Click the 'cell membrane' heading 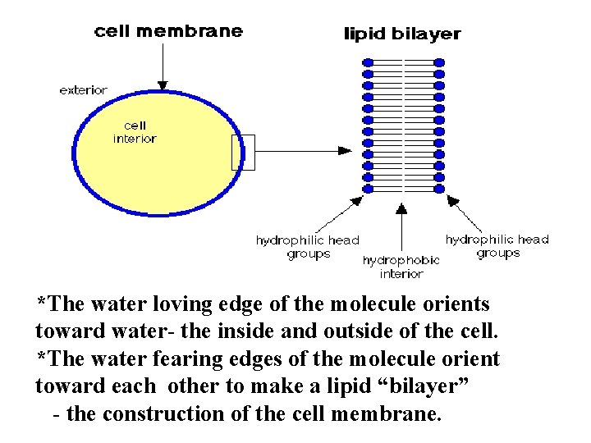tap(168, 31)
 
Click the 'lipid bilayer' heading tap(401, 34)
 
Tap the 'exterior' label tap(83, 90)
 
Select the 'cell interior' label tap(135, 132)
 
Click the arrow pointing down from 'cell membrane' tap(163, 66)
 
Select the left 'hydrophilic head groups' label tap(308, 247)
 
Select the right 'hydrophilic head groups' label tap(497, 246)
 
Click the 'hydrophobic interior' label tap(401, 267)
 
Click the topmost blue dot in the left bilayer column tap(369, 62)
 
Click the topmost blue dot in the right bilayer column tap(439, 62)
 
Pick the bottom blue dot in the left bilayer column tap(369, 188)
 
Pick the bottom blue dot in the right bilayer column tap(439, 188)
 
